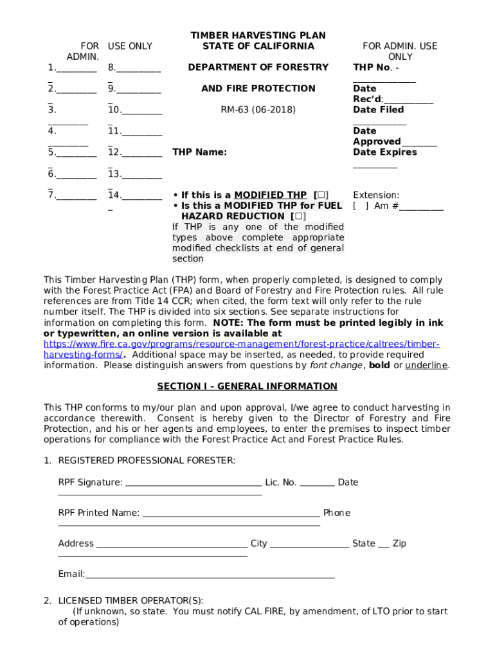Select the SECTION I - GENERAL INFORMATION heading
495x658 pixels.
click(x=248, y=386)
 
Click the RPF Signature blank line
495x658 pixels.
click(x=194, y=483)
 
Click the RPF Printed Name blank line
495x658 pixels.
click(x=231, y=514)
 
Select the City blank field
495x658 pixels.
click(x=310, y=544)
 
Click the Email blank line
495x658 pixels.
click(x=210, y=575)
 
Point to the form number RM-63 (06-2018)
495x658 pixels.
click(x=258, y=110)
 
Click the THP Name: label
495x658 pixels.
click(x=200, y=152)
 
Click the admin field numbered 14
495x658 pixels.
click(x=135, y=195)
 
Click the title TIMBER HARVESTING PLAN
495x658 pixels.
click(x=258, y=35)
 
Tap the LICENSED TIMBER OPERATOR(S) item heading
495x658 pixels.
click(x=130, y=601)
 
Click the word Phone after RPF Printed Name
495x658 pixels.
click(x=337, y=513)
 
